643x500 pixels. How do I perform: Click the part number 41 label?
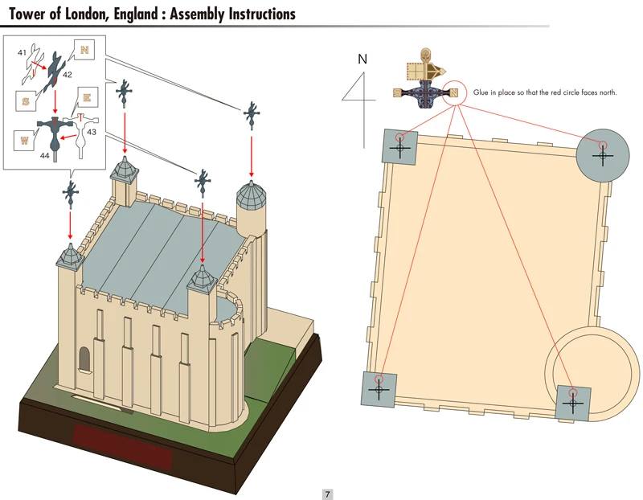point(23,53)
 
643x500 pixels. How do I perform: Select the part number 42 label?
point(68,74)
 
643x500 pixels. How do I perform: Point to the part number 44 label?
point(45,156)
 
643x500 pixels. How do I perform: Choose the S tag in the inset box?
point(26,101)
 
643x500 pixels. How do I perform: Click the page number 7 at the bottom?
point(327,494)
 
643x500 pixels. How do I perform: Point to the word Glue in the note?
point(481,93)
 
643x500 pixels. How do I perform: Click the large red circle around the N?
point(455,92)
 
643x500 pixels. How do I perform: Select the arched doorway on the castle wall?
point(84,359)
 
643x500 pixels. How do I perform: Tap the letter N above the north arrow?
point(362,58)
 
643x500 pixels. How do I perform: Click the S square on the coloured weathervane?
point(397,93)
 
